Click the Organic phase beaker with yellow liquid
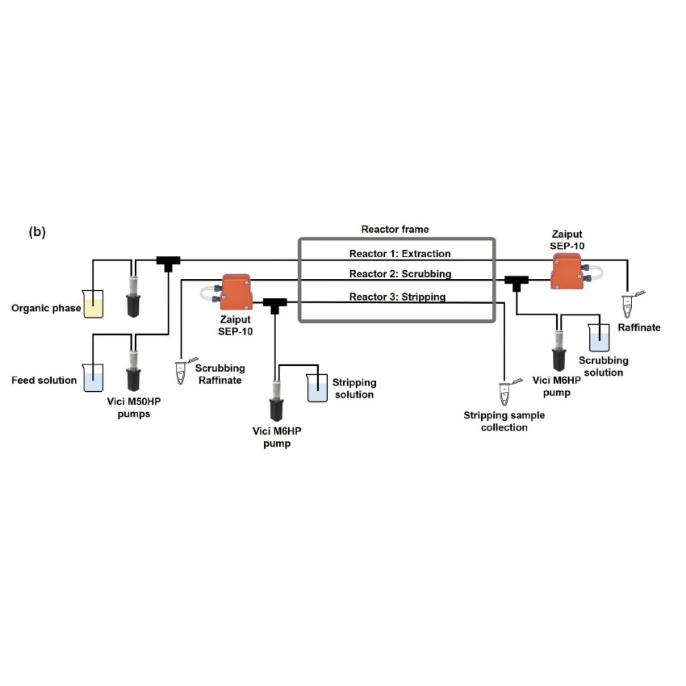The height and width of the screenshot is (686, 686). point(93,304)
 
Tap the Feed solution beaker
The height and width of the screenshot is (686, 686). point(93,378)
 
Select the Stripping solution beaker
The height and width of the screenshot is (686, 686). point(318,388)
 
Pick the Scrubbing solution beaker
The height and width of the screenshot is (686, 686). point(599,337)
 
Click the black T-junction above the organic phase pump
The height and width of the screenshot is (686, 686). point(168,263)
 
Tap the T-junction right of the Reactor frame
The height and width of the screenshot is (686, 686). point(517,283)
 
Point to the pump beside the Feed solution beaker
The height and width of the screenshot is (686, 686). point(133,370)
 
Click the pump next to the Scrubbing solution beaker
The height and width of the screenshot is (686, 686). point(559,350)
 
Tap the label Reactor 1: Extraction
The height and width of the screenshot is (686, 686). point(400,254)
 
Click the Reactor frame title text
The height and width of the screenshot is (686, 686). point(395,229)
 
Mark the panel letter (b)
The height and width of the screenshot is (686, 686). point(37,232)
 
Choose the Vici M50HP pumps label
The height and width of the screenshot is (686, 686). point(134,408)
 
